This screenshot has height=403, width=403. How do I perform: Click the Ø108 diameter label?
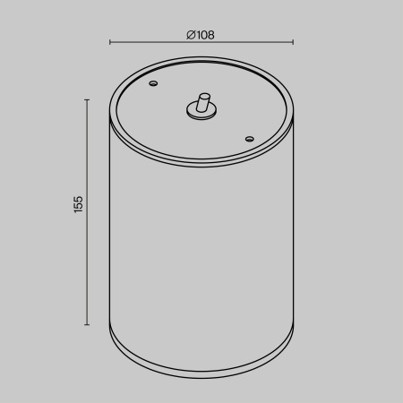(201, 35)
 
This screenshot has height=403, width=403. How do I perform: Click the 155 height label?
(78, 204)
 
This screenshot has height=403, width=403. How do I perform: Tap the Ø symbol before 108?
(191, 35)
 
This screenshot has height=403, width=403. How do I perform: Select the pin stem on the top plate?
(203, 101)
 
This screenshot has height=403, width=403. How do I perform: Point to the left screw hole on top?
(153, 84)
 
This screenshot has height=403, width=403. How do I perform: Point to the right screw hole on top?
(249, 138)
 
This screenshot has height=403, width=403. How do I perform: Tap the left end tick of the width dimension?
(109, 42)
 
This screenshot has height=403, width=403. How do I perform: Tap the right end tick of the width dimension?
(293, 42)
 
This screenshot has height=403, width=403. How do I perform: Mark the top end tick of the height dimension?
(87, 99)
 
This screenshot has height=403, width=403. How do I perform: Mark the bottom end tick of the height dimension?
(87, 325)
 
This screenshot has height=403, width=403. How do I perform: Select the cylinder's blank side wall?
(201, 251)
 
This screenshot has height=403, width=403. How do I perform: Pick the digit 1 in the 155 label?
(78, 211)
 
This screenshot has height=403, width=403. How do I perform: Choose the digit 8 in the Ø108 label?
(210, 35)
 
